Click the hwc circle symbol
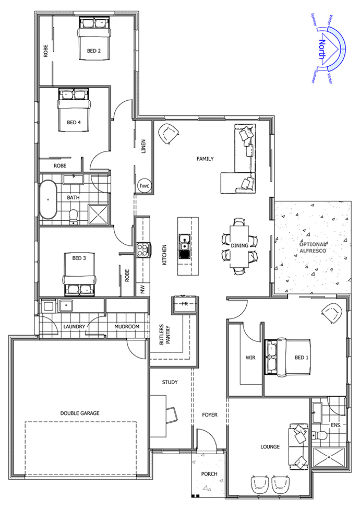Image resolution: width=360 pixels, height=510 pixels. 144,186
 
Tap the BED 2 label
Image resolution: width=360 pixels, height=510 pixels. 94,51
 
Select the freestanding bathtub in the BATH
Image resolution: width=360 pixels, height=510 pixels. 48,200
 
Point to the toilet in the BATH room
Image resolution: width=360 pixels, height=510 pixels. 74,217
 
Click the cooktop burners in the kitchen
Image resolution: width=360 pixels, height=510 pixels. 143,250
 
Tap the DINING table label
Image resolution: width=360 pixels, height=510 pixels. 239,245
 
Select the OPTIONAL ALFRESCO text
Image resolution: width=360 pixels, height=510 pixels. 313,247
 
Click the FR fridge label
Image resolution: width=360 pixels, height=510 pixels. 185,304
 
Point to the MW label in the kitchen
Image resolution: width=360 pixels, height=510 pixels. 143,290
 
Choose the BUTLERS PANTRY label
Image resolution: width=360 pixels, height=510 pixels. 165,335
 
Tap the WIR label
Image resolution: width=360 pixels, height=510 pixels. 250,358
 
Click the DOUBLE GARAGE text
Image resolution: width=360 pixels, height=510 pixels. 80,413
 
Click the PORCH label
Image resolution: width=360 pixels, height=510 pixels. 209,474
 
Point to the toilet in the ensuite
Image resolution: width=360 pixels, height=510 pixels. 320,435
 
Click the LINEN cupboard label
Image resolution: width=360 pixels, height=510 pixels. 143,146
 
